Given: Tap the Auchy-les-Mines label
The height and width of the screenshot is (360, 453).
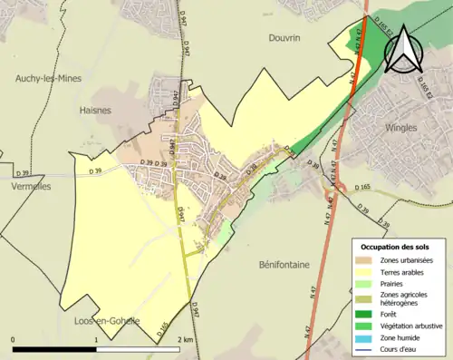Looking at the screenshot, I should point(48,79).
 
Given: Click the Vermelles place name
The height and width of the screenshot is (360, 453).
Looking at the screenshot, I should point(25,187).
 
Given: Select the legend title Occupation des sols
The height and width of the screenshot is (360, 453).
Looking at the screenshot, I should point(397,247).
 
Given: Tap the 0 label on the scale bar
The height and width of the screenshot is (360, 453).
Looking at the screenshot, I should point(14,340).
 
